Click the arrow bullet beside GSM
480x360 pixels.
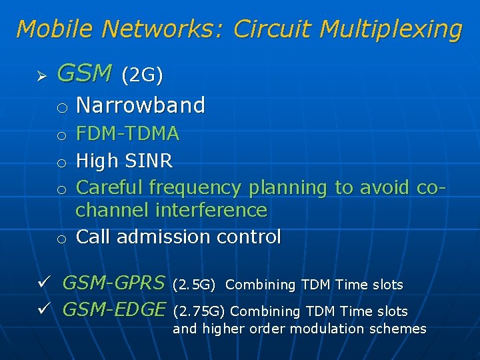[x=40, y=75]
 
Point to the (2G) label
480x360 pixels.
[x=141, y=75]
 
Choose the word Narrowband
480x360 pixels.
[x=141, y=105]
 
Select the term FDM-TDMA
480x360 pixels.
[x=127, y=134]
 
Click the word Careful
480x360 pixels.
[x=110, y=187]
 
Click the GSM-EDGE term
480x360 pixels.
[x=113, y=309]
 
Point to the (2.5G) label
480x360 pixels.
[x=193, y=285]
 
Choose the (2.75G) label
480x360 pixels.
[x=199, y=311]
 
